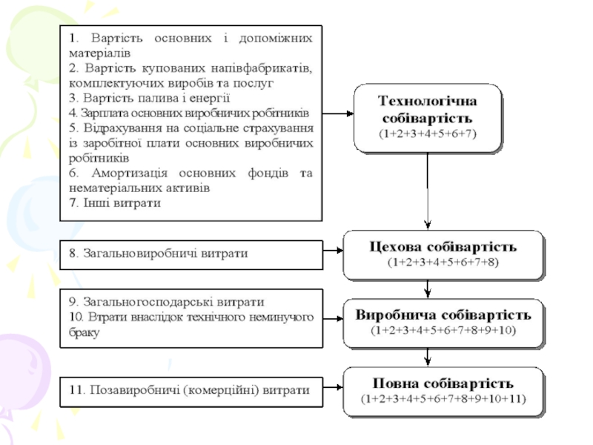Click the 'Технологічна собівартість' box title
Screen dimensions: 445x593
(428, 110)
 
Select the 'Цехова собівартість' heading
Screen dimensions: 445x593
(443, 246)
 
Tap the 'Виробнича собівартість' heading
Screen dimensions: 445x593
(443, 314)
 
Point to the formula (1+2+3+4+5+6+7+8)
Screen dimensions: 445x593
(443, 262)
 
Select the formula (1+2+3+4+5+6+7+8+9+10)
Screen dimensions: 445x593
(443, 329)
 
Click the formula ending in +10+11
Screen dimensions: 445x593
(443, 398)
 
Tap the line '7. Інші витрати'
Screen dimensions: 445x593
(115, 202)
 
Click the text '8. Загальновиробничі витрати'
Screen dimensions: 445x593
(159, 254)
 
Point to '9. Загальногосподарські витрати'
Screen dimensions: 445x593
(167, 303)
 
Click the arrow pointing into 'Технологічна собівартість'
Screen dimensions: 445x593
(338, 113)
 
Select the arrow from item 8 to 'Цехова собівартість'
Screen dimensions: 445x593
(333, 254)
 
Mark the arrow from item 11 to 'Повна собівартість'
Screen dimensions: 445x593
(333, 389)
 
